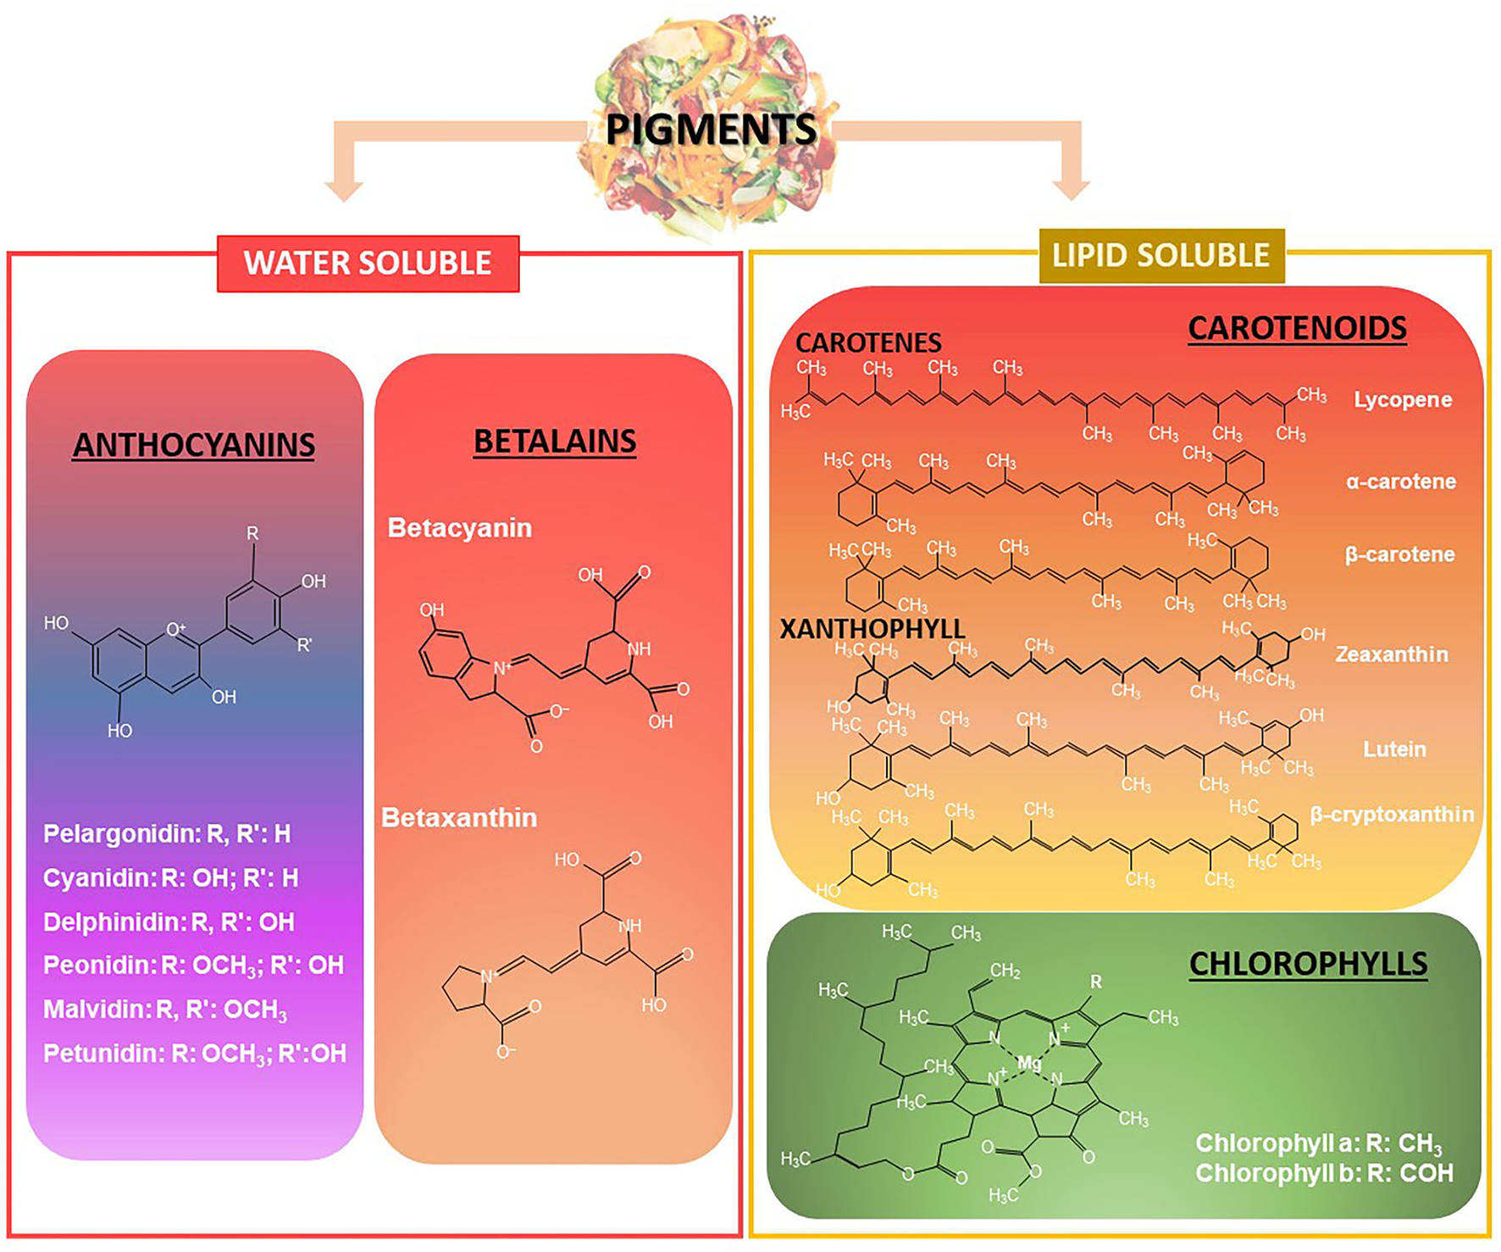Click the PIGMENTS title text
[x=712, y=130]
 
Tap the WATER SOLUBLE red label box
[x=368, y=263]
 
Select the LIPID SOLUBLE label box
[x=1160, y=255]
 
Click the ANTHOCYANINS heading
[x=194, y=445]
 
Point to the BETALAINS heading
[x=555, y=442]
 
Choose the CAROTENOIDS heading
[x=1297, y=328]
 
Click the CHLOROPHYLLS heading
[x=1308, y=964]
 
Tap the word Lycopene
[x=1403, y=399]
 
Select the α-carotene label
[x=1401, y=481]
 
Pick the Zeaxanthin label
[x=1392, y=654]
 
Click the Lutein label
[x=1394, y=749]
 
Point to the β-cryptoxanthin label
[x=1392, y=815]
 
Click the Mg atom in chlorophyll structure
[x=1029, y=1063]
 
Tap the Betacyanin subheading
[x=460, y=528]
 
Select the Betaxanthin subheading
[x=459, y=818]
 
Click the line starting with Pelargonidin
[x=167, y=834]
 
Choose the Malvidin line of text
[x=165, y=1010]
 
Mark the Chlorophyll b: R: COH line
[x=1324, y=1173]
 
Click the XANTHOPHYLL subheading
[x=872, y=629]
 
